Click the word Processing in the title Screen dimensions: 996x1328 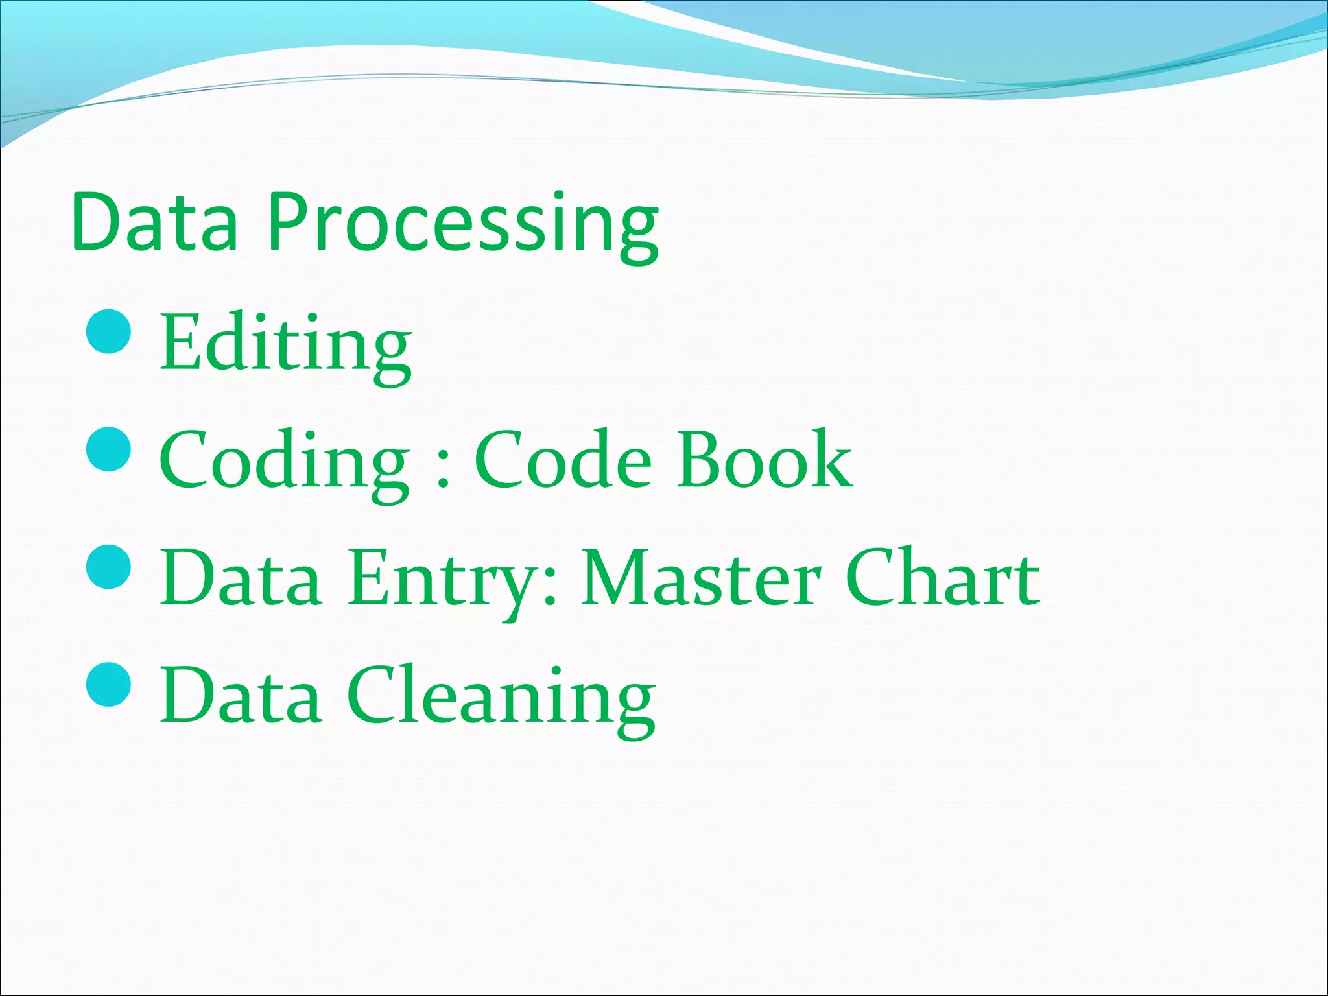pyautogui.click(x=464, y=224)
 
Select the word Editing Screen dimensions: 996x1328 pyautogui.click(x=285, y=344)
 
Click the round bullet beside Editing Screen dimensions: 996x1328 pyautogui.click(x=109, y=331)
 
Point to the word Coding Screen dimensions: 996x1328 pyautogui.click(x=284, y=462)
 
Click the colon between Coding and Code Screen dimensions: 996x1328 pyautogui.click(x=443, y=467)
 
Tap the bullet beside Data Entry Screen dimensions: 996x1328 pyautogui.click(x=109, y=567)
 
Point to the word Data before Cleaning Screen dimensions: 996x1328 pyautogui.click(x=241, y=695)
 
